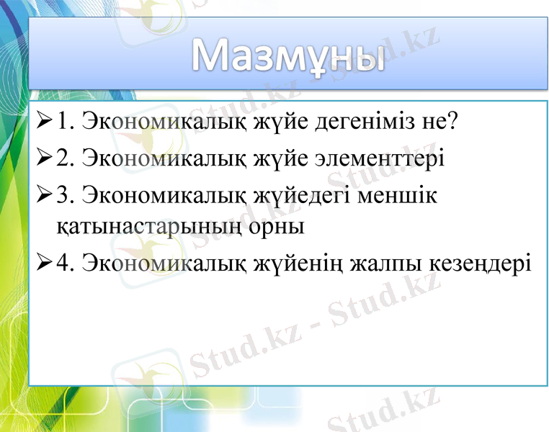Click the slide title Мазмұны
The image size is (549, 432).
click(x=287, y=57)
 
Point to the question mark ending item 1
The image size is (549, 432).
click(x=452, y=120)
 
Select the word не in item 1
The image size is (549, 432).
click(x=432, y=122)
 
